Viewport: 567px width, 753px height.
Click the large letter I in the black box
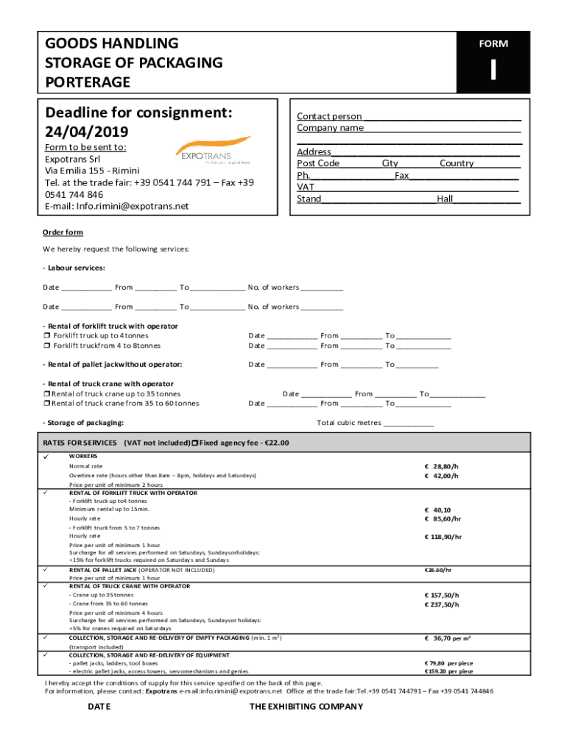(493, 70)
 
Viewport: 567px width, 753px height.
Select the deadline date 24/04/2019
(86, 132)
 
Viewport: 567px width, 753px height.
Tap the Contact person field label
(329, 116)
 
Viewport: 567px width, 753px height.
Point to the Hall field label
(444, 199)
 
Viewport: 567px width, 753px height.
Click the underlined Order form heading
(63, 232)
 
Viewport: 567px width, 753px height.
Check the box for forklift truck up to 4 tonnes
(46, 336)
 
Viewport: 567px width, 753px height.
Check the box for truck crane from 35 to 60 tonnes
(46, 403)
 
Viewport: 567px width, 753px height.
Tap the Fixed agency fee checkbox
(194, 443)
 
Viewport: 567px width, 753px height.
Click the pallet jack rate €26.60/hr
(438, 570)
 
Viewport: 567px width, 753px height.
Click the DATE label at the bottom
(99, 707)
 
